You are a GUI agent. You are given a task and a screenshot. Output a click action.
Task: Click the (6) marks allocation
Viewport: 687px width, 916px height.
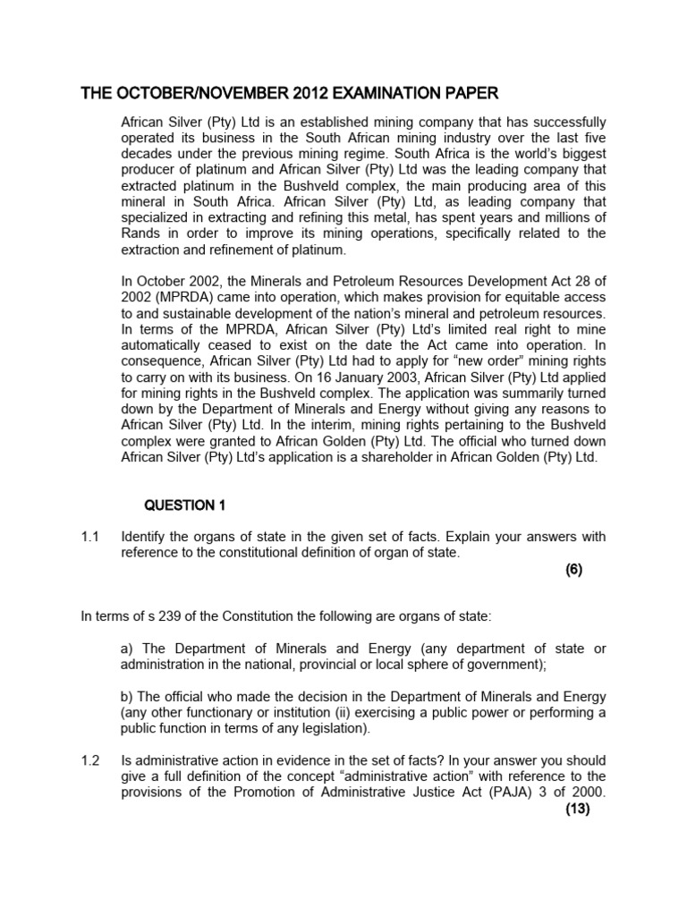click(573, 571)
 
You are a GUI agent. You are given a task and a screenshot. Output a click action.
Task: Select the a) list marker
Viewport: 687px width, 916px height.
click(127, 649)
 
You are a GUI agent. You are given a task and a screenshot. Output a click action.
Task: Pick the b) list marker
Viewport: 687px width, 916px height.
click(127, 697)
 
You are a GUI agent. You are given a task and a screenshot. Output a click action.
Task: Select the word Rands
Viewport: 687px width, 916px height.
click(142, 234)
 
